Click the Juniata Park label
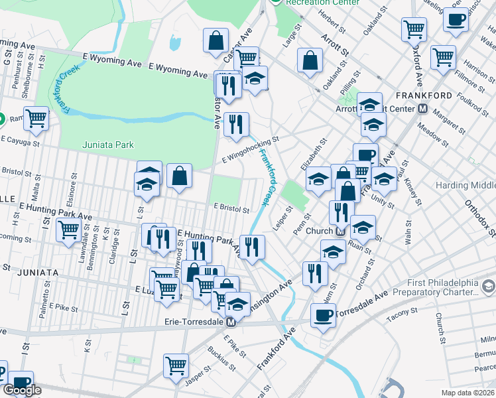point(108,145)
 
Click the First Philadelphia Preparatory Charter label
point(434,285)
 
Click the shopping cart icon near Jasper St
point(176,365)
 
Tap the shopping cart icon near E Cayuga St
point(36,118)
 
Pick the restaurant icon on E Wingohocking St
point(236,124)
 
